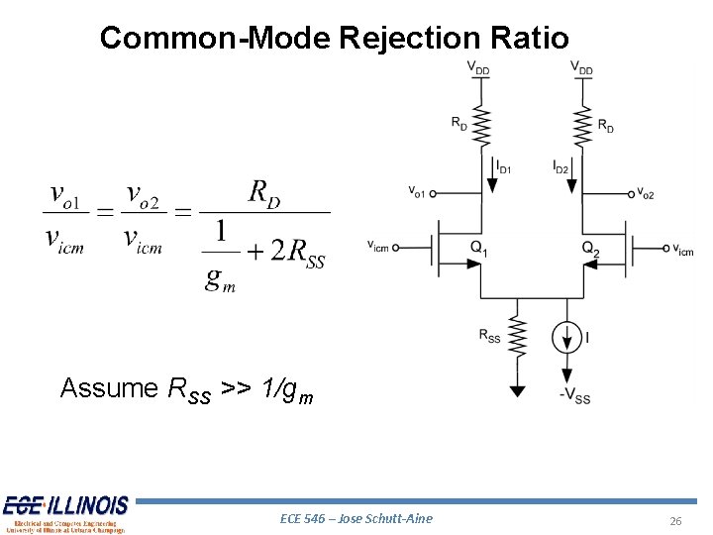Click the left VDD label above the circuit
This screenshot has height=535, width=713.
(x=478, y=69)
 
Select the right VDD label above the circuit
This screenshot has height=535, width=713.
(x=581, y=69)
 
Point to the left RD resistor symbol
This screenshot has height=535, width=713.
(x=481, y=126)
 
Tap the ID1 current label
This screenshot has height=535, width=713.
(x=503, y=168)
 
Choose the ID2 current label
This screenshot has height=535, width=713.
(x=560, y=168)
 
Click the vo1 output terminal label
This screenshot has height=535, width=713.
(x=416, y=191)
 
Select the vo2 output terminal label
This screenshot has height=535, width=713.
(x=645, y=193)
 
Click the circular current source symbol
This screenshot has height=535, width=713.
(x=567, y=338)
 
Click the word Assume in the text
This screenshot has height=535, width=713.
(x=109, y=387)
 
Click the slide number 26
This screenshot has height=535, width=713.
(x=676, y=522)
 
